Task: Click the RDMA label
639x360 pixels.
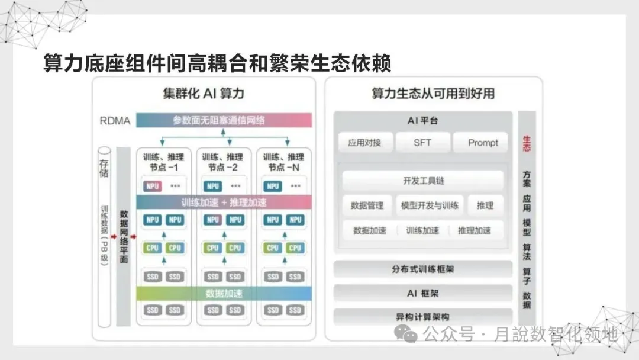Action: [114, 121]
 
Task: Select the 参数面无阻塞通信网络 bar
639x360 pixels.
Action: [224, 120]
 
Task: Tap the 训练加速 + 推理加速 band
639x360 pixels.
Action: [224, 202]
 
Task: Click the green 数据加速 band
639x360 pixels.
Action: [224, 293]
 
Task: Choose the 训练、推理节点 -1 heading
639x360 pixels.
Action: [164, 162]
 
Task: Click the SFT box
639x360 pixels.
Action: [422, 143]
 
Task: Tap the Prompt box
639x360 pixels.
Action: [483, 143]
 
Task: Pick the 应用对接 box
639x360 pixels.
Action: [364, 143]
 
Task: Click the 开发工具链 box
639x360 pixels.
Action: [422, 181]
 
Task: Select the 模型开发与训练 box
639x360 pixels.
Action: [430, 205]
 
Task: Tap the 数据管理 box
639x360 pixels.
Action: [367, 205]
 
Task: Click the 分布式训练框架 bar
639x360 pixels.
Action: [422, 269]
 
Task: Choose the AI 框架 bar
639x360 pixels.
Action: [422, 293]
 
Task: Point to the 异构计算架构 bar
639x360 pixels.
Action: [422, 317]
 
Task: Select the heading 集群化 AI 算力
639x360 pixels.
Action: [204, 94]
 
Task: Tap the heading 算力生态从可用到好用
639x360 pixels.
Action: [433, 94]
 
